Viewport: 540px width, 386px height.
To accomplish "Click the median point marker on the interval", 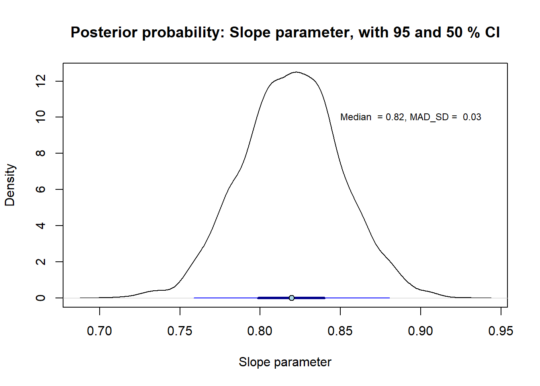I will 292,298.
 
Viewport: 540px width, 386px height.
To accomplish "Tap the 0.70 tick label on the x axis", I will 99,331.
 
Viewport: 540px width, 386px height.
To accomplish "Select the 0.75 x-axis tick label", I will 180,331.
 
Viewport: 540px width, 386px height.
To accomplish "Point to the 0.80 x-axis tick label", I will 260,331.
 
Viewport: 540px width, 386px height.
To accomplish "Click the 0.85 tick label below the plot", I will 340,331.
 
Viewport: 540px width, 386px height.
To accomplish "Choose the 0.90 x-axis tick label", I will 420,331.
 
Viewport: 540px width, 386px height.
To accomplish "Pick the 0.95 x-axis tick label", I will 501,331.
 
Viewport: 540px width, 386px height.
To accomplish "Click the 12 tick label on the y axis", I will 41,81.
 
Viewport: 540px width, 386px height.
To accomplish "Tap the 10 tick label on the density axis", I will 41,117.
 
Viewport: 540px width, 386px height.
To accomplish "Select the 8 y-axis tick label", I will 41,153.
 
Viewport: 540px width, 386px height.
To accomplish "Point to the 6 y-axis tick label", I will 41,189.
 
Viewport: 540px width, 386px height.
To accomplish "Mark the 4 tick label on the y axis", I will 41,226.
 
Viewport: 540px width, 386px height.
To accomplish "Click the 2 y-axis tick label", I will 41,262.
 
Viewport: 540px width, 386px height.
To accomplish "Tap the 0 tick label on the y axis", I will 41,298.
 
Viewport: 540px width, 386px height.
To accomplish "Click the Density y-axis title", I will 10,185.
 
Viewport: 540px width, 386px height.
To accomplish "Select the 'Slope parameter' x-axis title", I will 285,362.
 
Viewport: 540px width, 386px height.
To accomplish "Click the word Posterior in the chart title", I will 104,33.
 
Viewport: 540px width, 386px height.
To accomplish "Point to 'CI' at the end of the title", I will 492,33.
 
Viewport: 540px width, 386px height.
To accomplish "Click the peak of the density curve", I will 296,72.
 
